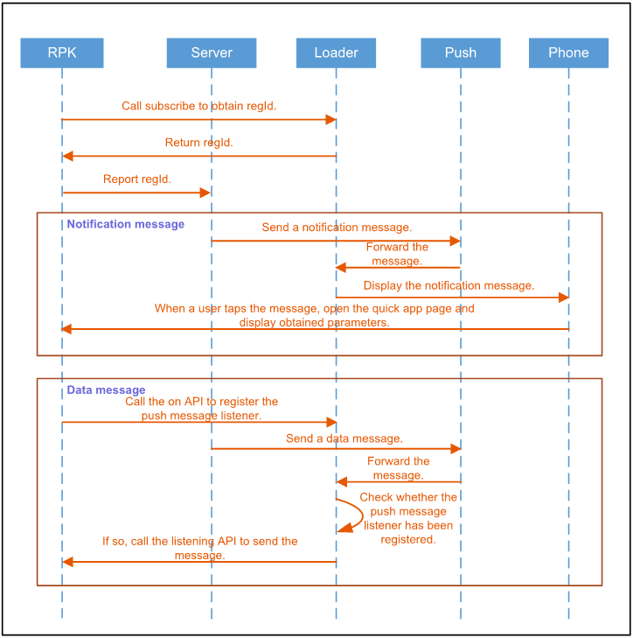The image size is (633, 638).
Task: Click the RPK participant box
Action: pos(62,53)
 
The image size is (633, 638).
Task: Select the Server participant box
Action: pos(212,53)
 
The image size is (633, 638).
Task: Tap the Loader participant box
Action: pos(336,53)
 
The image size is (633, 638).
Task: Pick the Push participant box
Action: pos(461,53)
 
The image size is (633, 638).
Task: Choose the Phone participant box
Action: pos(568,53)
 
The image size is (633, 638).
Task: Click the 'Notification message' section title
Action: pos(126,224)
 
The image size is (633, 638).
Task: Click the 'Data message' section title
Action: pos(107,390)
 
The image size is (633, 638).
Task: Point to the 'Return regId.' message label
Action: pos(199,143)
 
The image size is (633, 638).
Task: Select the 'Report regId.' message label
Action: pos(137,179)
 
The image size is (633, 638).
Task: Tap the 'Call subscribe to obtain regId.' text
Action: pos(199,106)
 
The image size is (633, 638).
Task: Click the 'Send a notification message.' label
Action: pos(337,228)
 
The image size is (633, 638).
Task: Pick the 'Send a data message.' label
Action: pos(344,438)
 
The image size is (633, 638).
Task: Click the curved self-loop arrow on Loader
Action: pos(354,515)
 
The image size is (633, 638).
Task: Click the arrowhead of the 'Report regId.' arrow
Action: pos(206,193)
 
